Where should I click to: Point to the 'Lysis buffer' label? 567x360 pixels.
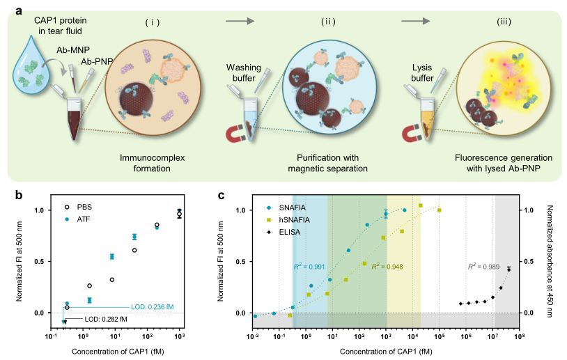point(424,75)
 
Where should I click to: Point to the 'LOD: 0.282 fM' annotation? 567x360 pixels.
point(106,319)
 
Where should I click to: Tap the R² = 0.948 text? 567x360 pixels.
point(387,266)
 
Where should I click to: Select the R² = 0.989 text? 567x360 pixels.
point(483,266)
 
